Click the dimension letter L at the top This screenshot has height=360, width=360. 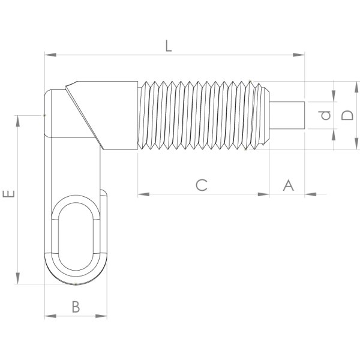pos(169,46)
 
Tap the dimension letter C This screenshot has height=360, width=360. pos(202,185)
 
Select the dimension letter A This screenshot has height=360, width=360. pos(288,185)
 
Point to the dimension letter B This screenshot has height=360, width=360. pos(76,307)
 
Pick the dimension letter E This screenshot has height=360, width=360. pos(9,194)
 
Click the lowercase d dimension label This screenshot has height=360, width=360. pos(325,115)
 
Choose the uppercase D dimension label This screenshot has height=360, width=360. pos(347,115)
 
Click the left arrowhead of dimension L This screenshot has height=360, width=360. pos(50,55)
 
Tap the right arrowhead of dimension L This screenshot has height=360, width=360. pos(299,55)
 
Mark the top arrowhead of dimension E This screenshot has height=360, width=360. pos(17,121)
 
